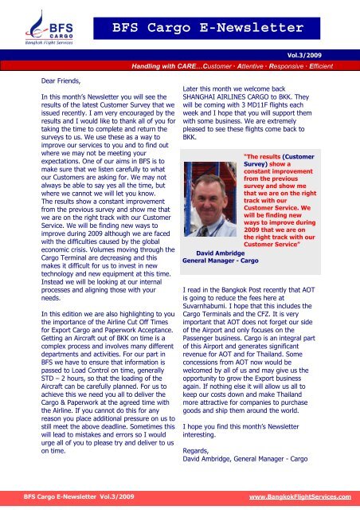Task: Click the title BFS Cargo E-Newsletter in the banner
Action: tap(208, 30)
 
